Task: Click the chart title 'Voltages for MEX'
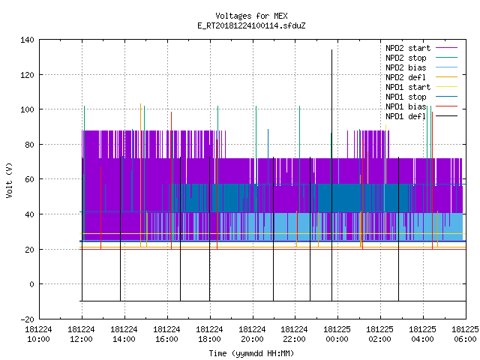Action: click(x=251, y=16)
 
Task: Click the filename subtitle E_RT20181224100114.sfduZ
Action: click(x=251, y=25)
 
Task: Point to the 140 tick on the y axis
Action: click(x=27, y=40)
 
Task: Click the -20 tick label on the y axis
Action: click(x=27, y=319)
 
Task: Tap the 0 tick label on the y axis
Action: click(x=31, y=284)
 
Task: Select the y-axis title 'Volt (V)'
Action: click(x=10, y=180)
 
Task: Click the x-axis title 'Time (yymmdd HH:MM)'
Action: click(x=251, y=353)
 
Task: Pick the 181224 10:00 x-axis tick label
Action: click(x=38, y=334)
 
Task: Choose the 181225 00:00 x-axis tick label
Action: click(x=337, y=334)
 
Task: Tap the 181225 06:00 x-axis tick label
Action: click(x=465, y=334)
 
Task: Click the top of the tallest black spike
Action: click(x=331, y=49)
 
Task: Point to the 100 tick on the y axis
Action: click(x=27, y=109)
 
